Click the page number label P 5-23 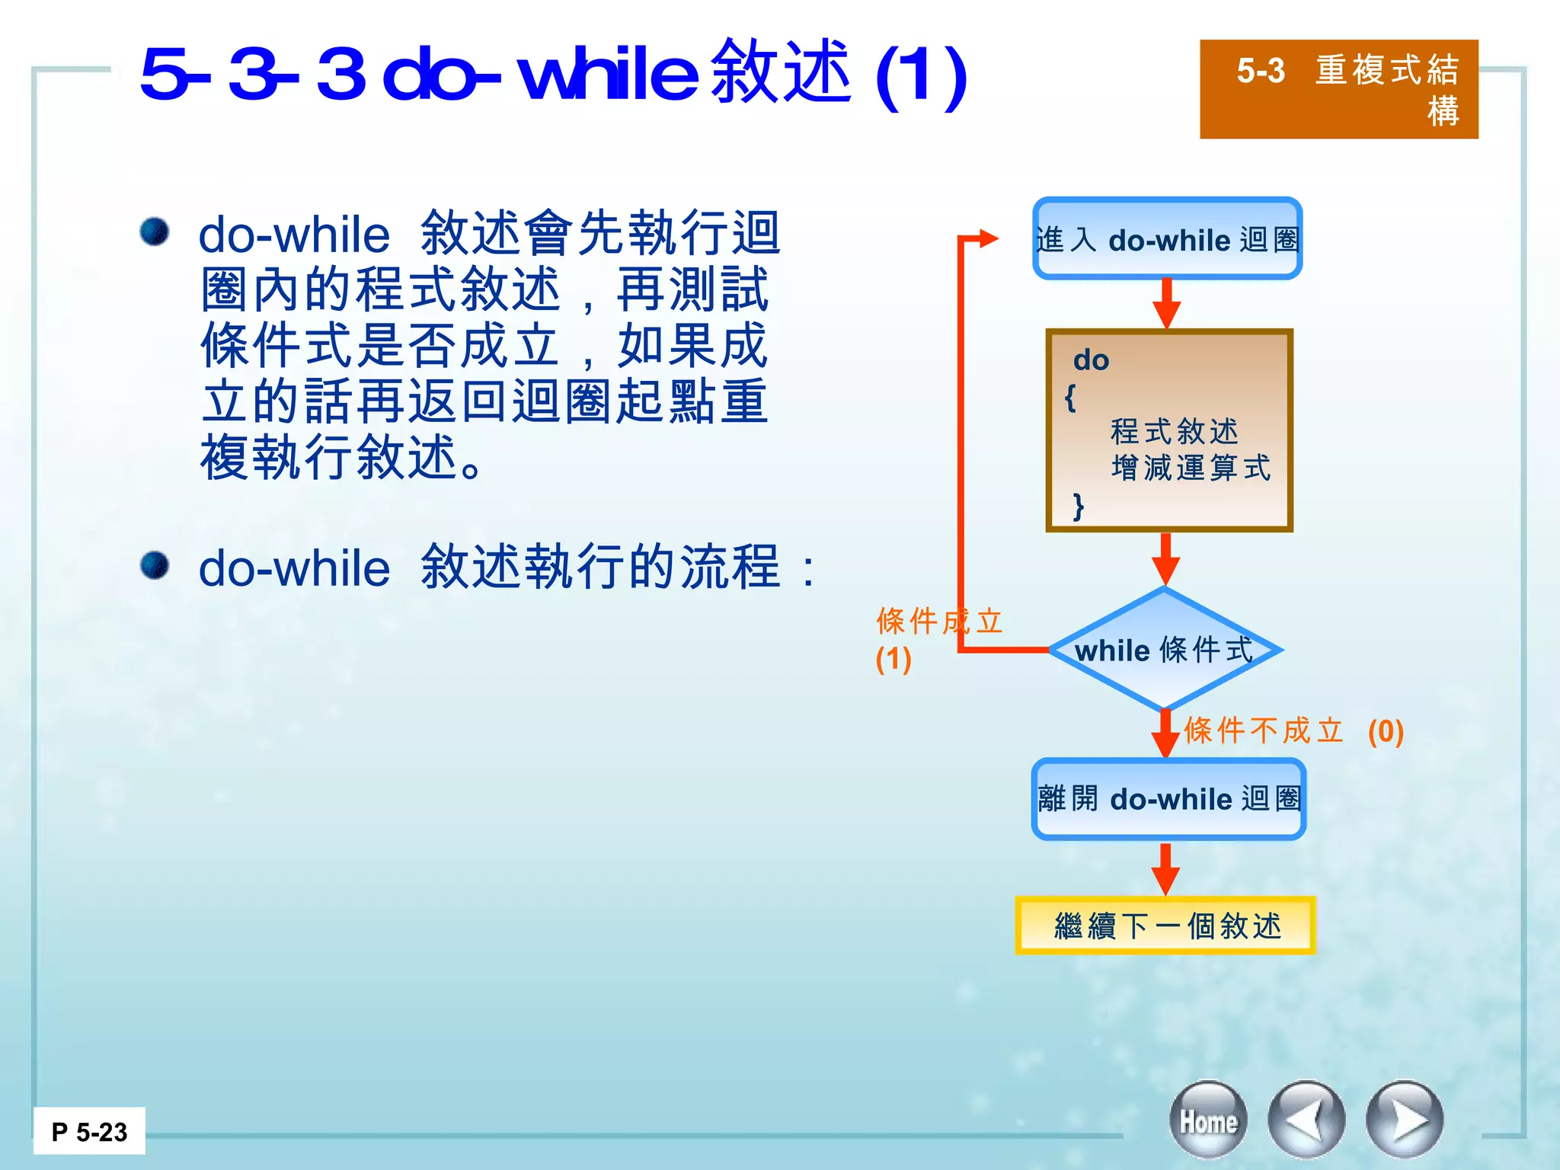click(x=89, y=1132)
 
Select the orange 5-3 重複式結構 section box click(x=1338, y=89)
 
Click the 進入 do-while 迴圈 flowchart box click(x=1167, y=239)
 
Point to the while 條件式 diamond click(x=1165, y=650)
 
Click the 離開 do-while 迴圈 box click(x=1168, y=799)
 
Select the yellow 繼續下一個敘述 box click(x=1165, y=925)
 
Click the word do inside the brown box click(x=1091, y=360)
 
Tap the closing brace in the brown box click(x=1078, y=506)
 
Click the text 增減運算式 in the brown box click(x=1191, y=468)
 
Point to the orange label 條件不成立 click(x=1264, y=730)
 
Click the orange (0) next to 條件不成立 click(x=1386, y=732)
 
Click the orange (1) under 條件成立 click(x=893, y=660)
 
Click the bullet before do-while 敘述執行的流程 click(x=155, y=566)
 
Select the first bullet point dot click(x=155, y=232)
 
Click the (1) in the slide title click(x=921, y=75)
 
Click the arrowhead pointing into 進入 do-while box click(x=988, y=238)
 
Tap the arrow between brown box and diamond click(x=1165, y=560)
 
